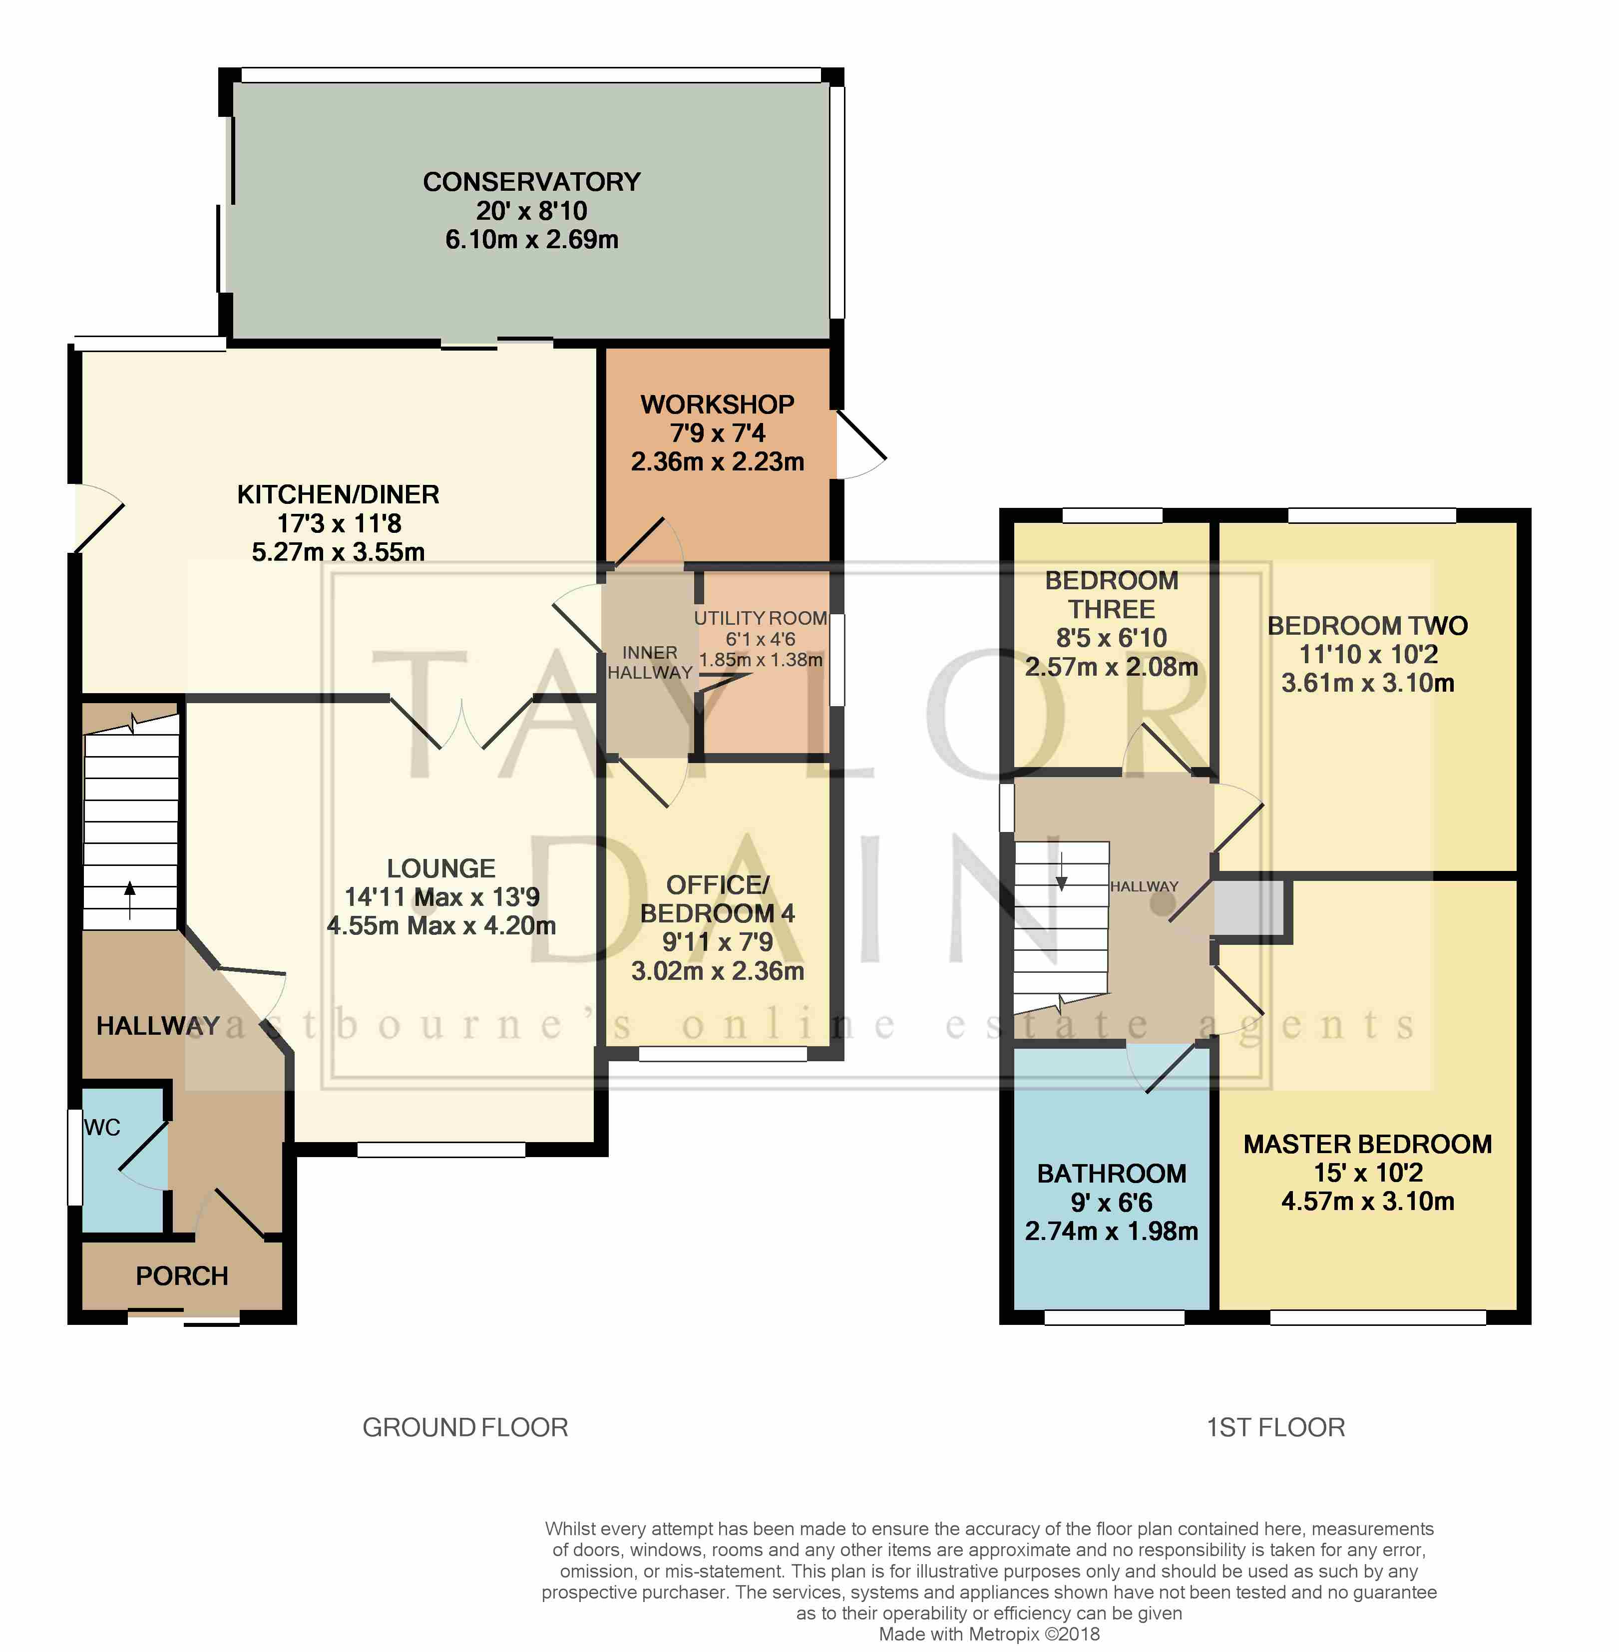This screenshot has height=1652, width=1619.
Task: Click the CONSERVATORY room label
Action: pos(531,182)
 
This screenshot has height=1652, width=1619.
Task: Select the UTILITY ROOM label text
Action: pos(760,618)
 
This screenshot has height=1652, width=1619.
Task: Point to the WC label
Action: pos(102,1128)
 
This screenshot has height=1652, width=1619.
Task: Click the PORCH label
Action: pos(182,1276)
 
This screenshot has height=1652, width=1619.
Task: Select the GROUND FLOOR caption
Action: pos(465,1428)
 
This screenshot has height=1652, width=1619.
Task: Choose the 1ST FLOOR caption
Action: pos(1275,1428)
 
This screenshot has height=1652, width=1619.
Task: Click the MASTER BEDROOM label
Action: pos(1367,1145)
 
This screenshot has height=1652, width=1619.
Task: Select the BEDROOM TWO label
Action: pos(1367,626)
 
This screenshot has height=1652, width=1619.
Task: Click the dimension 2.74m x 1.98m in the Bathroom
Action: pos(1111,1231)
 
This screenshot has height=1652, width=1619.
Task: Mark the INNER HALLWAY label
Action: pos(650,662)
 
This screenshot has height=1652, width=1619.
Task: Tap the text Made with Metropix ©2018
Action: pos(989,1634)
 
